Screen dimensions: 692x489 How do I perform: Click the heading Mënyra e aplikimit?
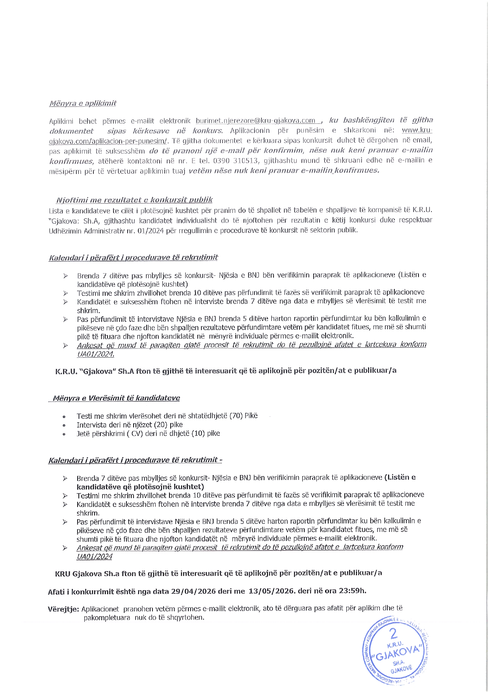click(83, 103)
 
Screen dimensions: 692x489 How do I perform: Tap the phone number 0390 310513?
click(236, 160)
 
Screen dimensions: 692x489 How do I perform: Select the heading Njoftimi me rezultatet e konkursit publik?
click(134, 200)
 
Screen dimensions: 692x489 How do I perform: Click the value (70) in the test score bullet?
click(236, 416)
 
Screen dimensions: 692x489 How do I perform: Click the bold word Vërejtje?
click(63, 609)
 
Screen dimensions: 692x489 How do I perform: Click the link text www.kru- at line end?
click(417, 131)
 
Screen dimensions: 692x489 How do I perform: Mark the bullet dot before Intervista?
click(64, 425)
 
